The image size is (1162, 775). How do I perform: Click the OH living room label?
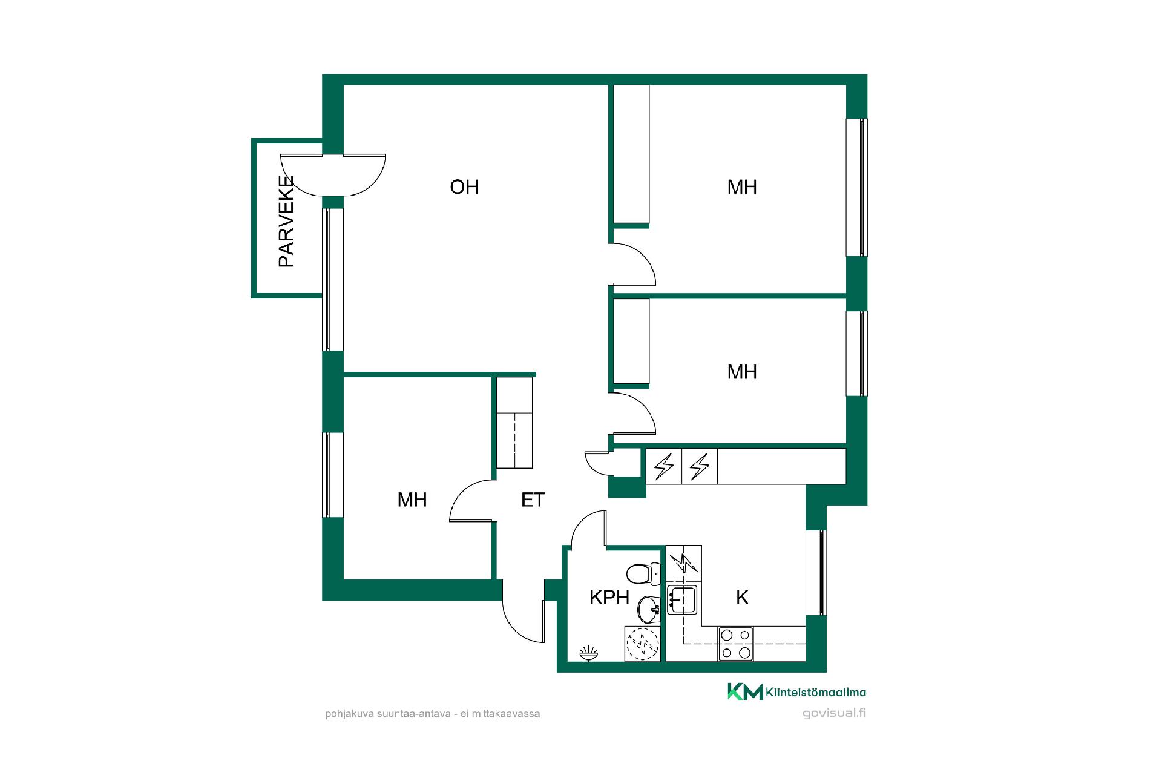464,187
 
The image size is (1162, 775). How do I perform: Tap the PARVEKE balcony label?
286,221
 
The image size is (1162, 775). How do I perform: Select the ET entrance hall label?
533,500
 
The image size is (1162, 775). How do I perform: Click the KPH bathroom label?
609,598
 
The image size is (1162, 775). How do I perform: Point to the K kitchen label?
742,598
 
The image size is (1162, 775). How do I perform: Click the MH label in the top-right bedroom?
742,187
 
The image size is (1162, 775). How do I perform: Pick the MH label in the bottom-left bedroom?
412,500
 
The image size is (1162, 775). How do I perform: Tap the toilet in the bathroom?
643,573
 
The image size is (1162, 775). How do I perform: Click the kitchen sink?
682,599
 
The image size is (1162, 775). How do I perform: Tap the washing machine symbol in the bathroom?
642,644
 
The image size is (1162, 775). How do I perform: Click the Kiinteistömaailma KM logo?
796,691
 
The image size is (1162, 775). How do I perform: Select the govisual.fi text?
834,713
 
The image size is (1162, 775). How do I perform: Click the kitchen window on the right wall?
816,573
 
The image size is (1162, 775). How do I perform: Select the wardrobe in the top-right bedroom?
631,154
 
